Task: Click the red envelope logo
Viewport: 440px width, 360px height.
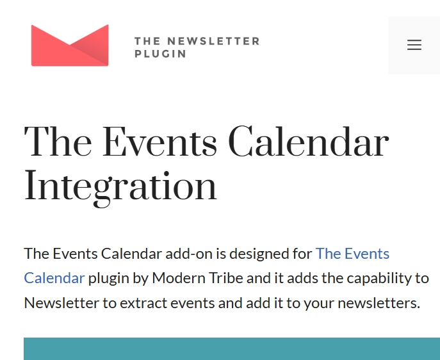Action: [70, 45]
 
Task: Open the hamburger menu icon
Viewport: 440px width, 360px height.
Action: [414, 45]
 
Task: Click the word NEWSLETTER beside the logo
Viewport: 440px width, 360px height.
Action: [213, 41]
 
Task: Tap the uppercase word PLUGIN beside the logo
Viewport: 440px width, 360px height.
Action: [160, 54]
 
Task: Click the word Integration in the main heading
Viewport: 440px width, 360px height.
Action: [120, 186]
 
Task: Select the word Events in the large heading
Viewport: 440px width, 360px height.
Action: [159, 141]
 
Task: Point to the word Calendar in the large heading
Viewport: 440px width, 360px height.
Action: [309, 141]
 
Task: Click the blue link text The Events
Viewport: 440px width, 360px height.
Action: [352, 254]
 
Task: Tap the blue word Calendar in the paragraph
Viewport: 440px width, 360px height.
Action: [54, 278]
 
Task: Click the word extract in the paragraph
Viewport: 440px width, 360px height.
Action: [143, 304]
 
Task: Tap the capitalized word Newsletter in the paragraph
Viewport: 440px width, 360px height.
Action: [61, 303]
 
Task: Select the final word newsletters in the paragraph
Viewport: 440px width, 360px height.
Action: [379, 303]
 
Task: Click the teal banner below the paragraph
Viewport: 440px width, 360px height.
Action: [232, 348]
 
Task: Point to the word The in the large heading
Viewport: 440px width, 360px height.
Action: [58, 141]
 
